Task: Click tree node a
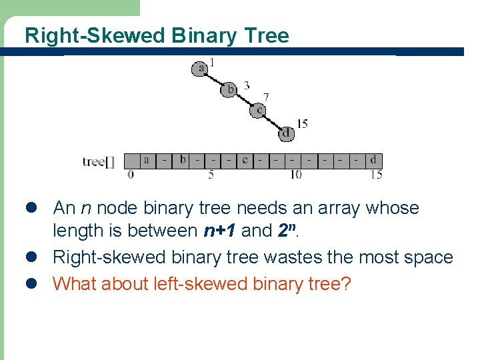[x=200, y=67]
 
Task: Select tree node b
[x=229, y=89]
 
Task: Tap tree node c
[x=259, y=110]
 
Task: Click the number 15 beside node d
[x=302, y=123]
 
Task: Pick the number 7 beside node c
[x=267, y=97]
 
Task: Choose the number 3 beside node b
[x=247, y=85]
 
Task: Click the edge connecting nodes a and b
[x=215, y=79]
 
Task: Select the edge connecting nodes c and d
[x=273, y=121]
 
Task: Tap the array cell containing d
[x=373, y=160]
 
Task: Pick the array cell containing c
[x=245, y=160]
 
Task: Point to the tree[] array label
[x=99, y=161]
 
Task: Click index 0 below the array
[x=131, y=175]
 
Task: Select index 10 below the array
[x=295, y=175]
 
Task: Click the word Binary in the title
[x=200, y=35]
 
